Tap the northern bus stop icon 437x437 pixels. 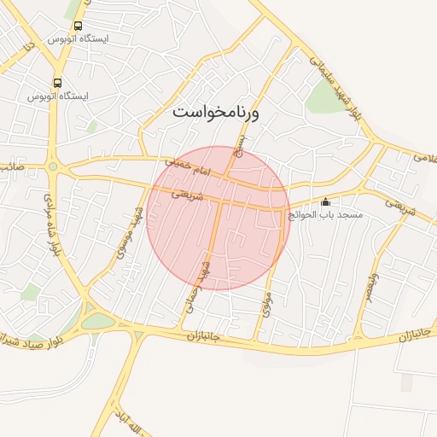tap(79, 27)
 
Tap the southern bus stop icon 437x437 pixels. tap(57, 84)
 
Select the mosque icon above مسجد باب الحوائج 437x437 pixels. tap(325, 202)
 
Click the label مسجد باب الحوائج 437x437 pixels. tap(325, 214)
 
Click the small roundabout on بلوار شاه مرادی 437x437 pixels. tap(53, 166)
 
